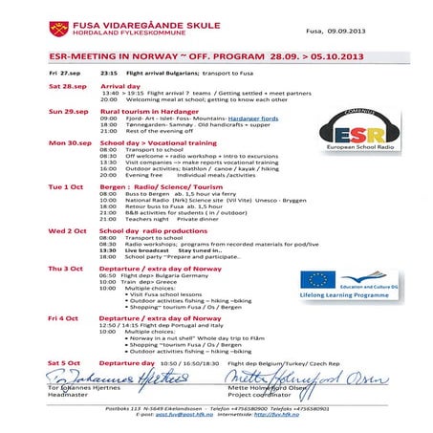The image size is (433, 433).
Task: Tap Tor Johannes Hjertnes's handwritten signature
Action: (x=105, y=379)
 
